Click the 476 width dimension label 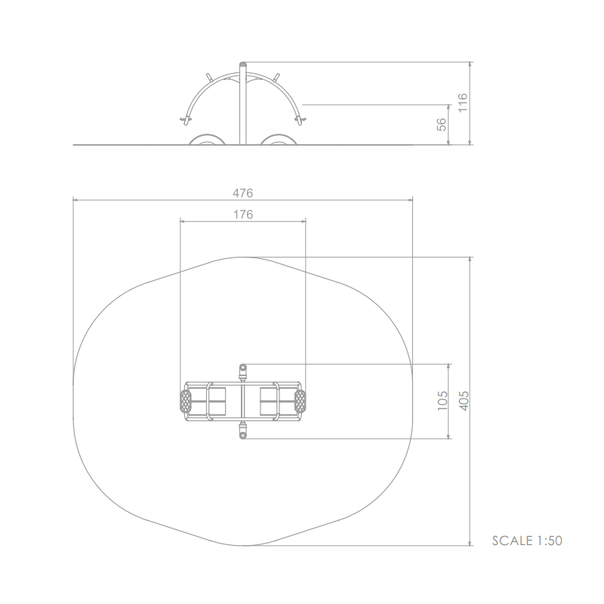coord(242,193)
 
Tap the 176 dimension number coord(243,214)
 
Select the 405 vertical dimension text coord(464,401)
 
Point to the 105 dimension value coord(442,401)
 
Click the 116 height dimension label coord(462,103)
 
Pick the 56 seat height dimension coord(442,125)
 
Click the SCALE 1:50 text coord(527,541)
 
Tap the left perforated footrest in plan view coord(186,401)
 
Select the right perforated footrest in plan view coord(300,401)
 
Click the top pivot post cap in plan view coord(242,367)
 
